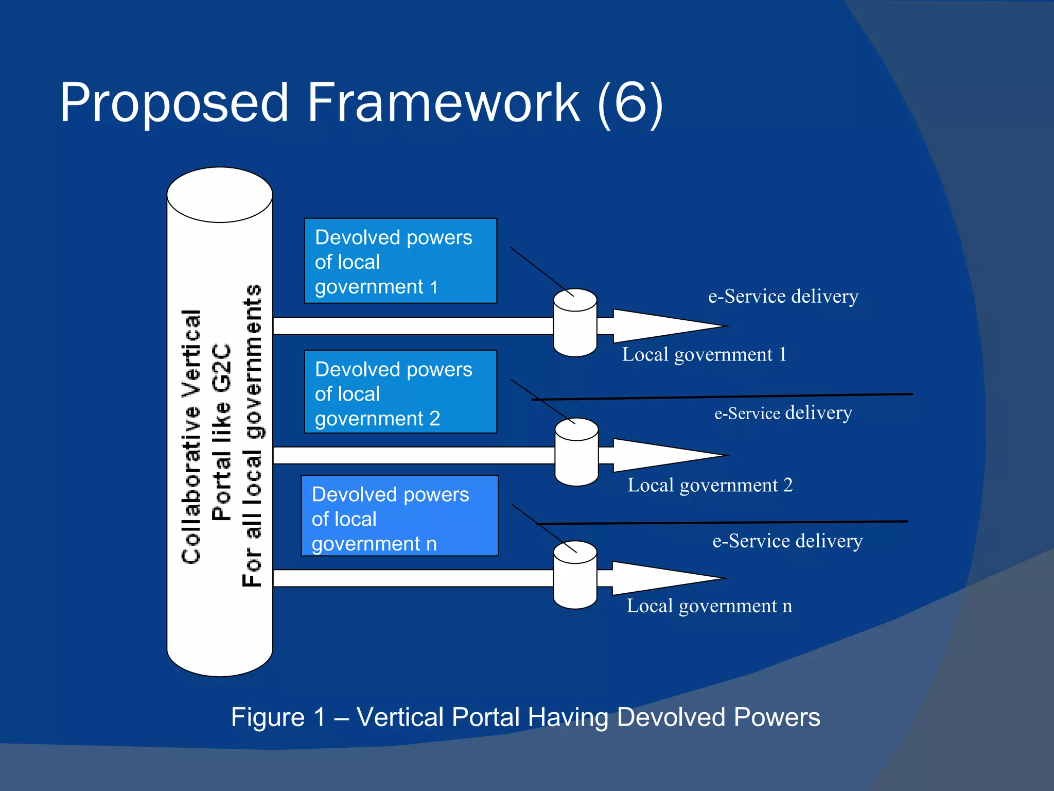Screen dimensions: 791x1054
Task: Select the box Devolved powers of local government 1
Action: click(x=400, y=261)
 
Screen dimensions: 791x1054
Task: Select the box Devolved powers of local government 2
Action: click(x=400, y=392)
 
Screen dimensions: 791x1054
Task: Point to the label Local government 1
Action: click(x=704, y=355)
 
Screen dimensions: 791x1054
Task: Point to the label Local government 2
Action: click(x=710, y=485)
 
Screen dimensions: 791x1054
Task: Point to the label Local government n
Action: click(x=709, y=606)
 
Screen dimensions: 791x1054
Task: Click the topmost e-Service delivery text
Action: click(x=783, y=297)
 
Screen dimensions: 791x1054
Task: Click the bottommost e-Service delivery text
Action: click(x=787, y=541)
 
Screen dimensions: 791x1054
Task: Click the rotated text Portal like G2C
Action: click(x=221, y=433)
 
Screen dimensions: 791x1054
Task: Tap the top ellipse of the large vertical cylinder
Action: click(x=220, y=195)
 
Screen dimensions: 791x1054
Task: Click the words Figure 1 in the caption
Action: click(x=278, y=717)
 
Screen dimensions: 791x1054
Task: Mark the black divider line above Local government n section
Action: click(x=721, y=523)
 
